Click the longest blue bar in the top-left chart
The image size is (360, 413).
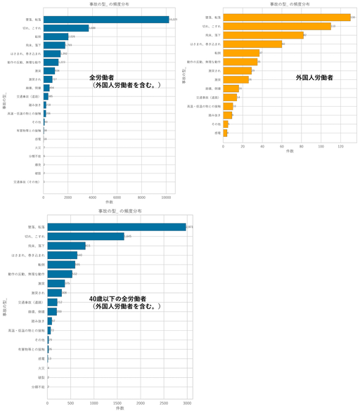pyautogui.click(x=105, y=20)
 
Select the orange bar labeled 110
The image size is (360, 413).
pyautogui.click(x=276, y=26)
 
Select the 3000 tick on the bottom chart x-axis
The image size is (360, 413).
pyautogui.click(x=186, y=403)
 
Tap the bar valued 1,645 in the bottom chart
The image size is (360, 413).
pyautogui.click(x=85, y=236)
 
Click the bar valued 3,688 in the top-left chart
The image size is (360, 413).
pyautogui.click(x=66, y=28)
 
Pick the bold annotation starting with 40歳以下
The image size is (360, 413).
pyautogui.click(x=125, y=303)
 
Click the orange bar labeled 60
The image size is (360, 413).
pyautogui.click(x=252, y=44)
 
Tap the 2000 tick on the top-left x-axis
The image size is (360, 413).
pyautogui.click(x=68, y=198)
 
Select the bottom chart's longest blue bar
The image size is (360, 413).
pyautogui.click(x=116, y=226)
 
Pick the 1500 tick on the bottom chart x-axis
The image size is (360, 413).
pyautogui.click(x=117, y=403)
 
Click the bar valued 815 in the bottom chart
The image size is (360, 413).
pyautogui.click(x=66, y=246)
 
